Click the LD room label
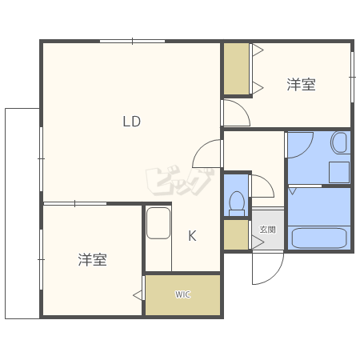click(131, 122)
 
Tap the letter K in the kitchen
click(192, 235)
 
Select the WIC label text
click(182, 294)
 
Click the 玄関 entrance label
click(266, 229)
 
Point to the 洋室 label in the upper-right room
click(301, 85)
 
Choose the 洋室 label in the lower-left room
click(93, 260)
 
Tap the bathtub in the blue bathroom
click(319, 238)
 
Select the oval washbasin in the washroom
click(338, 144)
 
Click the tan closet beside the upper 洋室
click(236, 70)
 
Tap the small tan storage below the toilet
click(236, 234)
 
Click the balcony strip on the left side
click(22, 212)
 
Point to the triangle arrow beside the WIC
click(138, 296)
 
